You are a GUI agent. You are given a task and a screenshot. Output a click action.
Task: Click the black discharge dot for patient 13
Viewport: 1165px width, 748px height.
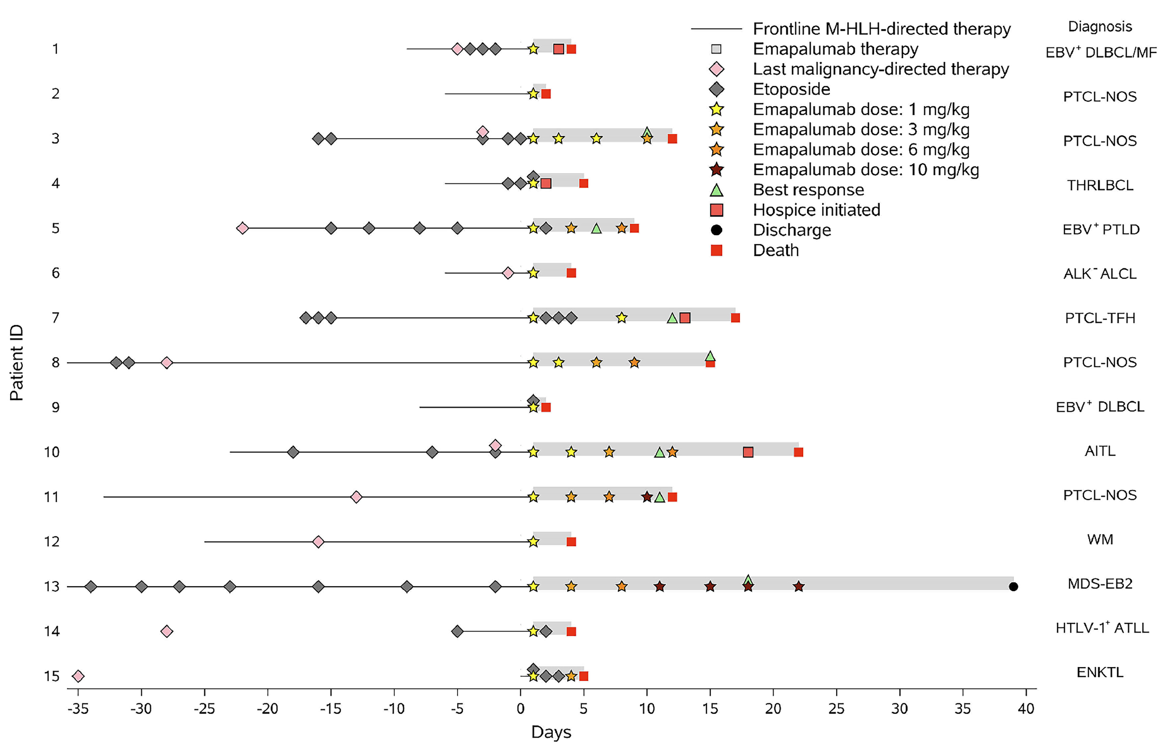click(1013, 587)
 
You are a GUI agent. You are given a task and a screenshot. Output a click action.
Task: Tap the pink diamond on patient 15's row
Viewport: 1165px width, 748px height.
click(78, 676)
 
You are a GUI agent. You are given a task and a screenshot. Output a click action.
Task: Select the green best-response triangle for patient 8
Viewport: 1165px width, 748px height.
click(710, 356)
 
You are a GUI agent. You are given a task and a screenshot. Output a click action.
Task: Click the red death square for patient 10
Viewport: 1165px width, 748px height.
click(798, 452)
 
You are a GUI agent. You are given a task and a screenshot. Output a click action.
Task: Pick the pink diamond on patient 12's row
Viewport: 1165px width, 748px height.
click(318, 541)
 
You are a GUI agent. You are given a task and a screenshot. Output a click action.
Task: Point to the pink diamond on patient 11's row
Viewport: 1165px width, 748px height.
click(356, 497)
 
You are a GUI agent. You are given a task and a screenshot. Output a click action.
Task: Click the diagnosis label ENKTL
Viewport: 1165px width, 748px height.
click(1100, 672)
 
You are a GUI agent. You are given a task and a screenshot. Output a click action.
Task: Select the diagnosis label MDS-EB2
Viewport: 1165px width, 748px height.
click(1100, 583)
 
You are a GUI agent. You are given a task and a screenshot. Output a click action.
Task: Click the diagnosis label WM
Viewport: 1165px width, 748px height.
click(1100, 539)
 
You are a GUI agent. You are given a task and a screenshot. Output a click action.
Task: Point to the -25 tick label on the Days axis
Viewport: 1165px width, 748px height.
click(204, 709)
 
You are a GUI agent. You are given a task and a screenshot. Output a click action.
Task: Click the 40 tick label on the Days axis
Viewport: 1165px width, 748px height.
click(1026, 709)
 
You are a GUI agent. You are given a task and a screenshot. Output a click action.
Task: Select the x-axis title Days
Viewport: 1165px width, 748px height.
click(551, 732)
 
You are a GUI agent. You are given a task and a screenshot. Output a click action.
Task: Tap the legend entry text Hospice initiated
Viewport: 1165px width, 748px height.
click(816, 210)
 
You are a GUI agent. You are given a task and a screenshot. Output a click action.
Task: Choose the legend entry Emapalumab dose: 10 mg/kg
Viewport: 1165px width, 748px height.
click(866, 170)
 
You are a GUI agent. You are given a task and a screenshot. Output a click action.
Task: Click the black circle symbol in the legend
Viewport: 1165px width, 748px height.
click(716, 230)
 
